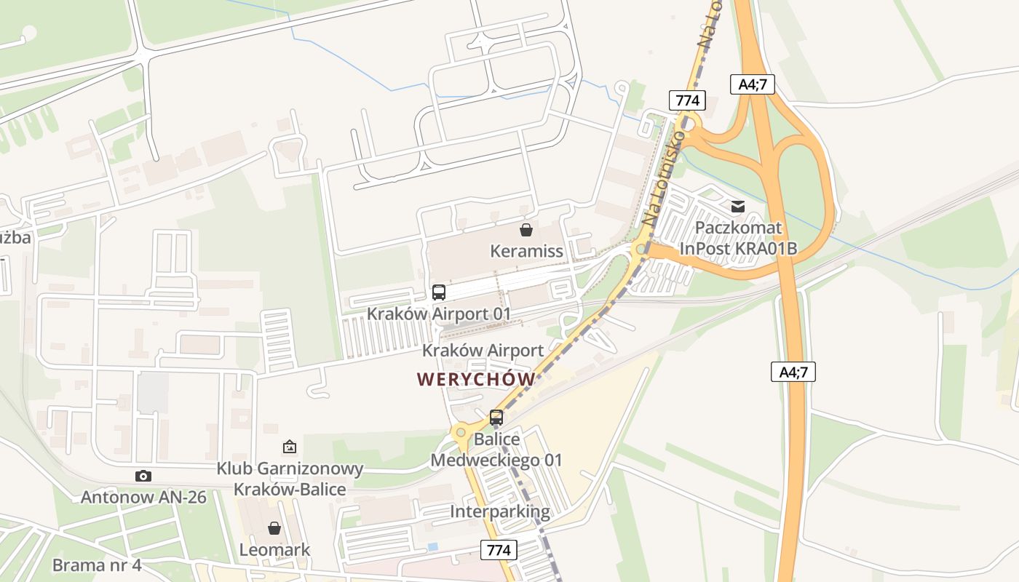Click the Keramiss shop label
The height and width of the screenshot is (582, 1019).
(x=526, y=252)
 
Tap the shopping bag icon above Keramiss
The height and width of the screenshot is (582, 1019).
(x=526, y=231)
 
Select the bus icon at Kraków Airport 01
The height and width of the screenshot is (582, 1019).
(x=438, y=292)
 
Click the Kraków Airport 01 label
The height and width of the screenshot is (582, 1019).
(x=438, y=314)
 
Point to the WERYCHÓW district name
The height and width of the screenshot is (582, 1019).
(x=476, y=379)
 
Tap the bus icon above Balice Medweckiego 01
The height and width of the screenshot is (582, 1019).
(x=496, y=418)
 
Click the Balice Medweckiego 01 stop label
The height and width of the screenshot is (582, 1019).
(x=496, y=450)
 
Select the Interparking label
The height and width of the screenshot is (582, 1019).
(x=499, y=511)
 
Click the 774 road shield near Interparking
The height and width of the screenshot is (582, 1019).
(x=499, y=550)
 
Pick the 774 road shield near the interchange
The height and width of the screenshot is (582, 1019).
(x=687, y=100)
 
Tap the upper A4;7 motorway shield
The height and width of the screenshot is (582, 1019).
(x=753, y=84)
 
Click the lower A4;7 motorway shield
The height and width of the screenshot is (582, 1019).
(x=793, y=372)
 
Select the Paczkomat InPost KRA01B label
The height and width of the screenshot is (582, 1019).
(x=738, y=238)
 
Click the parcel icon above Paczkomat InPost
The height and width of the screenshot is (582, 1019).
(x=738, y=207)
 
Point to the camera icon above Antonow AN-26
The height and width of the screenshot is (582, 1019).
(x=143, y=477)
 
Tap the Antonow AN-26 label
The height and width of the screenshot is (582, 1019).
(x=143, y=498)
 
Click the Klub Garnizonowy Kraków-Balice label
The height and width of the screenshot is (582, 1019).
(x=290, y=479)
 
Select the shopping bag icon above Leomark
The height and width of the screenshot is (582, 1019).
(x=274, y=528)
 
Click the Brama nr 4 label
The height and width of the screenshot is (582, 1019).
(x=97, y=565)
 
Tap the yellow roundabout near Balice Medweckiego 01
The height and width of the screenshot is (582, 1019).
(x=461, y=432)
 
